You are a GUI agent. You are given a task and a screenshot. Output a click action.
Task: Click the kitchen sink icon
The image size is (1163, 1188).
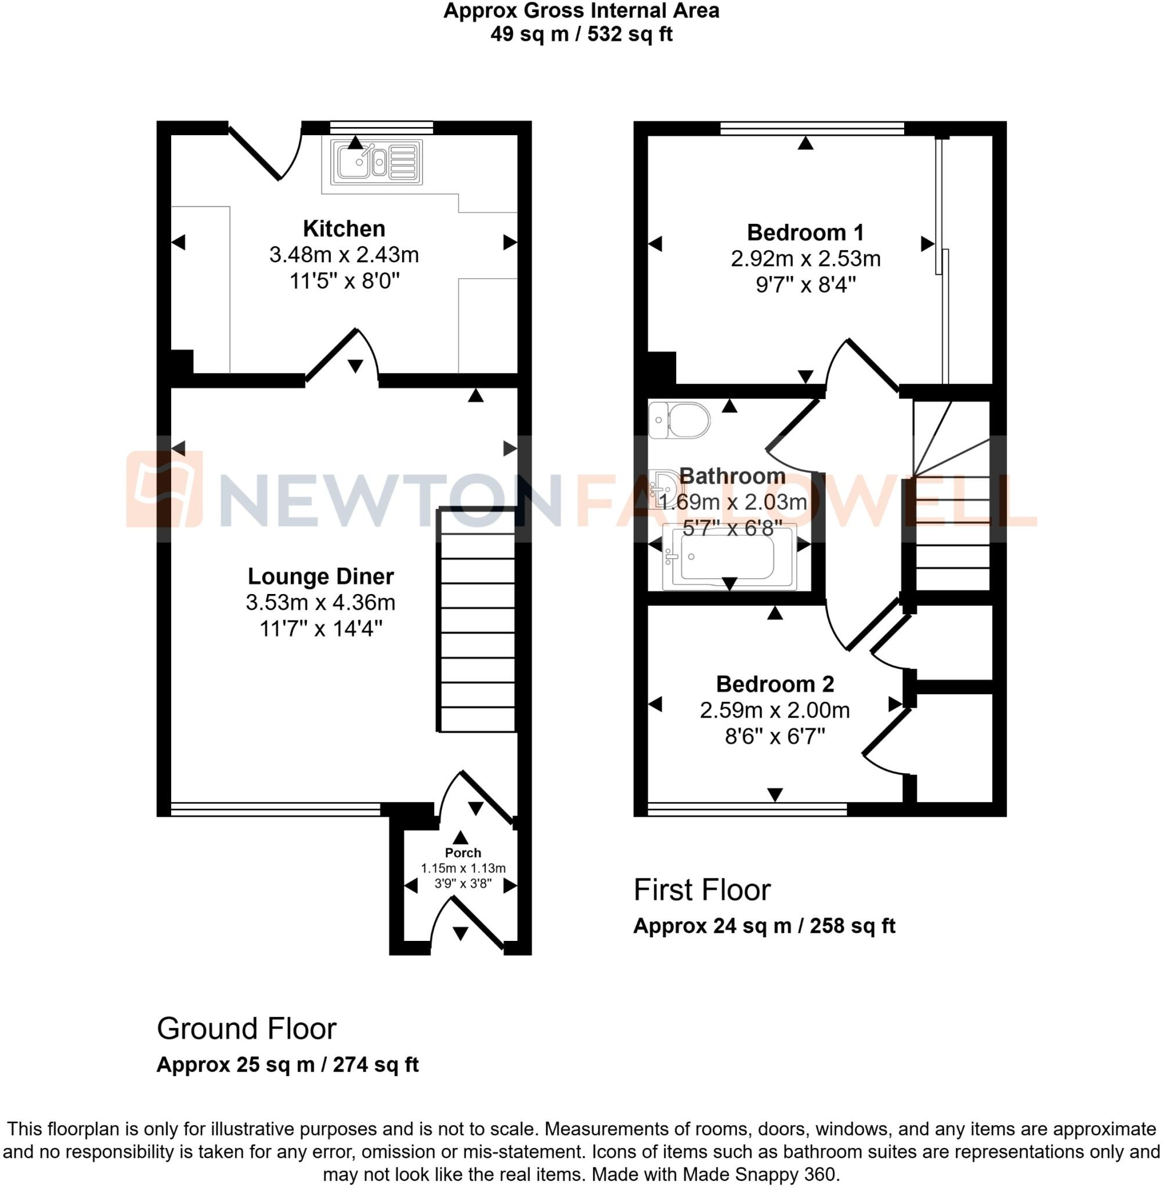(x=376, y=162)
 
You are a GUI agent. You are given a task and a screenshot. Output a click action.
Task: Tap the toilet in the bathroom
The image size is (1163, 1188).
(x=679, y=421)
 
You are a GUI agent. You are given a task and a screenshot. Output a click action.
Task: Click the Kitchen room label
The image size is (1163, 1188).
(x=344, y=229)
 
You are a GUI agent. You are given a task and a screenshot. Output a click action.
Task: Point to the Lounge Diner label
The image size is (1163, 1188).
(x=321, y=576)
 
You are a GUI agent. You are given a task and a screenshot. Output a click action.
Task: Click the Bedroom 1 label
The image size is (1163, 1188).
(x=805, y=233)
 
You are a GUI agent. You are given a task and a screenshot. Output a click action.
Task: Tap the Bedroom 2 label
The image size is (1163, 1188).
(x=775, y=684)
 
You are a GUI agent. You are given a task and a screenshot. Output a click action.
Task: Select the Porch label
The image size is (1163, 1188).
(x=463, y=853)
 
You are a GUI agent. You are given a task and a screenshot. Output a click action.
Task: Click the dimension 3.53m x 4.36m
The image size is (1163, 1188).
(x=321, y=603)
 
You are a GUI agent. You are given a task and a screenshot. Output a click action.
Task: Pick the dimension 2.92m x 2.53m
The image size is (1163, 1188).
(x=805, y=259)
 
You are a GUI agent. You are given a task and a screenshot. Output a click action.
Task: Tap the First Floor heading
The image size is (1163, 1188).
(x=702, y=889)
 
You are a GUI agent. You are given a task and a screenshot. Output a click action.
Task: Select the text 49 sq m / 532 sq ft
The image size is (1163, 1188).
(x=581, y=34)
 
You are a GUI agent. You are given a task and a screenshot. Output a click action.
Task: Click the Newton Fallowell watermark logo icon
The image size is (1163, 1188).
(x=164, y=489)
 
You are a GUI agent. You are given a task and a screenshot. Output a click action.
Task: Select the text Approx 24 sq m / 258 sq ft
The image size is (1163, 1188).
(x=764, y=926)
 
